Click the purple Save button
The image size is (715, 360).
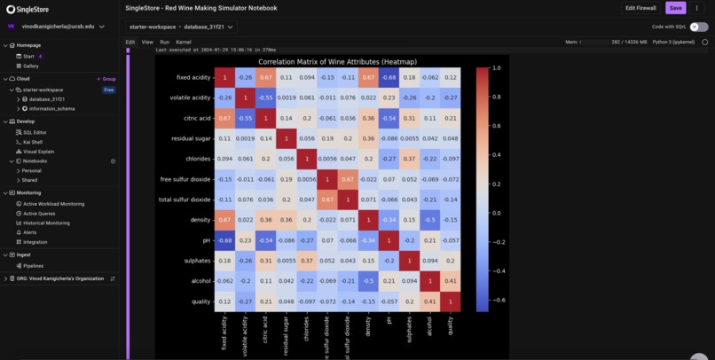[675, 8]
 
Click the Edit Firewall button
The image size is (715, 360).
[640, 8]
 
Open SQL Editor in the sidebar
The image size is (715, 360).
[35, 132]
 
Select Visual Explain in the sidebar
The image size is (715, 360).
[38, 152]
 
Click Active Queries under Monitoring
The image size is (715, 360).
[39, 214]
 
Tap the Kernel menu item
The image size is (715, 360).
[183, 42]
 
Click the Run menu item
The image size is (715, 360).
[164, 42]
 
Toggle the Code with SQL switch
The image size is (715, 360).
[699, 27]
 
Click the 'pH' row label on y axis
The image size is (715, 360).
[206, 240]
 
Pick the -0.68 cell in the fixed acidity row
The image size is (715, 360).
[388, 77]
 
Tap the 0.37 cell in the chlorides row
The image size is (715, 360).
[408, 159]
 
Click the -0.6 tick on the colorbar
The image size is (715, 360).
[497, 300]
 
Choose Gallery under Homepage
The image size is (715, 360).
[31, 67]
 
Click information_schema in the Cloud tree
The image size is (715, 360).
[52, 109]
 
